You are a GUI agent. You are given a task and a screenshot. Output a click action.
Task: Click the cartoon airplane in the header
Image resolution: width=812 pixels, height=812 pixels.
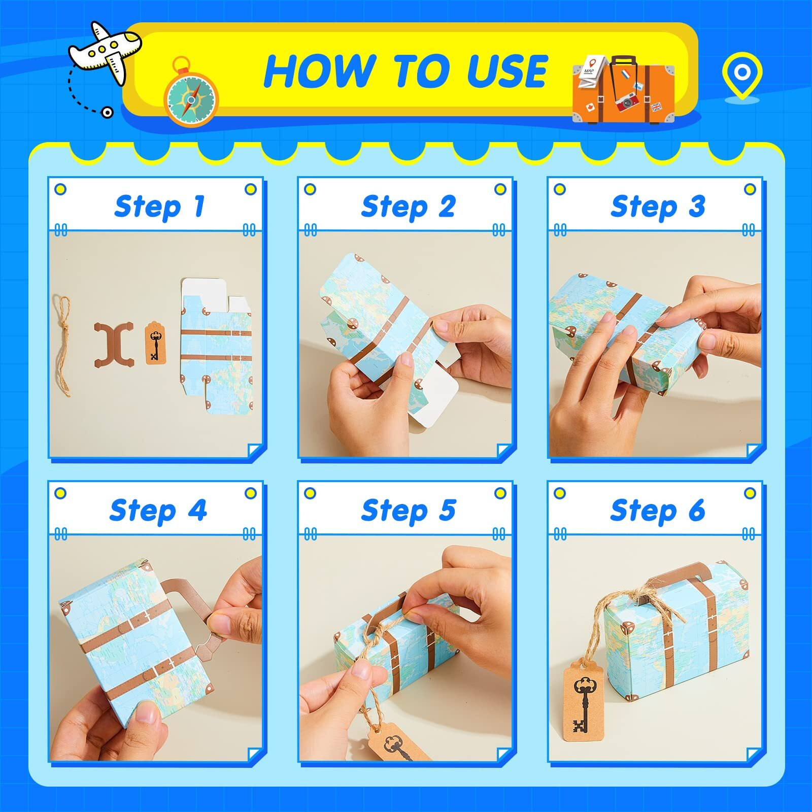106,51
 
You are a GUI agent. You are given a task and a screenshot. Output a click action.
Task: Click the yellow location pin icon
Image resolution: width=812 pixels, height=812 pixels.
742,76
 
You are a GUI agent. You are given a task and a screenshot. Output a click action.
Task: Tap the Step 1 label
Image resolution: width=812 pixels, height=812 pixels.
159,207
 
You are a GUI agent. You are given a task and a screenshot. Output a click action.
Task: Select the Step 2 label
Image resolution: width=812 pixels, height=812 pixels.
409,207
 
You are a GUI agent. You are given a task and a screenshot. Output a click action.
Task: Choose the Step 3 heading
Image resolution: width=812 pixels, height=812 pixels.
658,207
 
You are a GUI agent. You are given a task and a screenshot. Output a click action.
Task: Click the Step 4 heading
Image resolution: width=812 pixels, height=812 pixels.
158,510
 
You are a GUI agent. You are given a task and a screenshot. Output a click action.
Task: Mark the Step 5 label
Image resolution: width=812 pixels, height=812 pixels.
409,510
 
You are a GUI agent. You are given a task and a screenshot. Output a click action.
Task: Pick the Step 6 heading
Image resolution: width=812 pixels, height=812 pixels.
658,510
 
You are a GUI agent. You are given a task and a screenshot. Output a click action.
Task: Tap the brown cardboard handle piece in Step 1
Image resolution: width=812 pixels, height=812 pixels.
114,344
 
